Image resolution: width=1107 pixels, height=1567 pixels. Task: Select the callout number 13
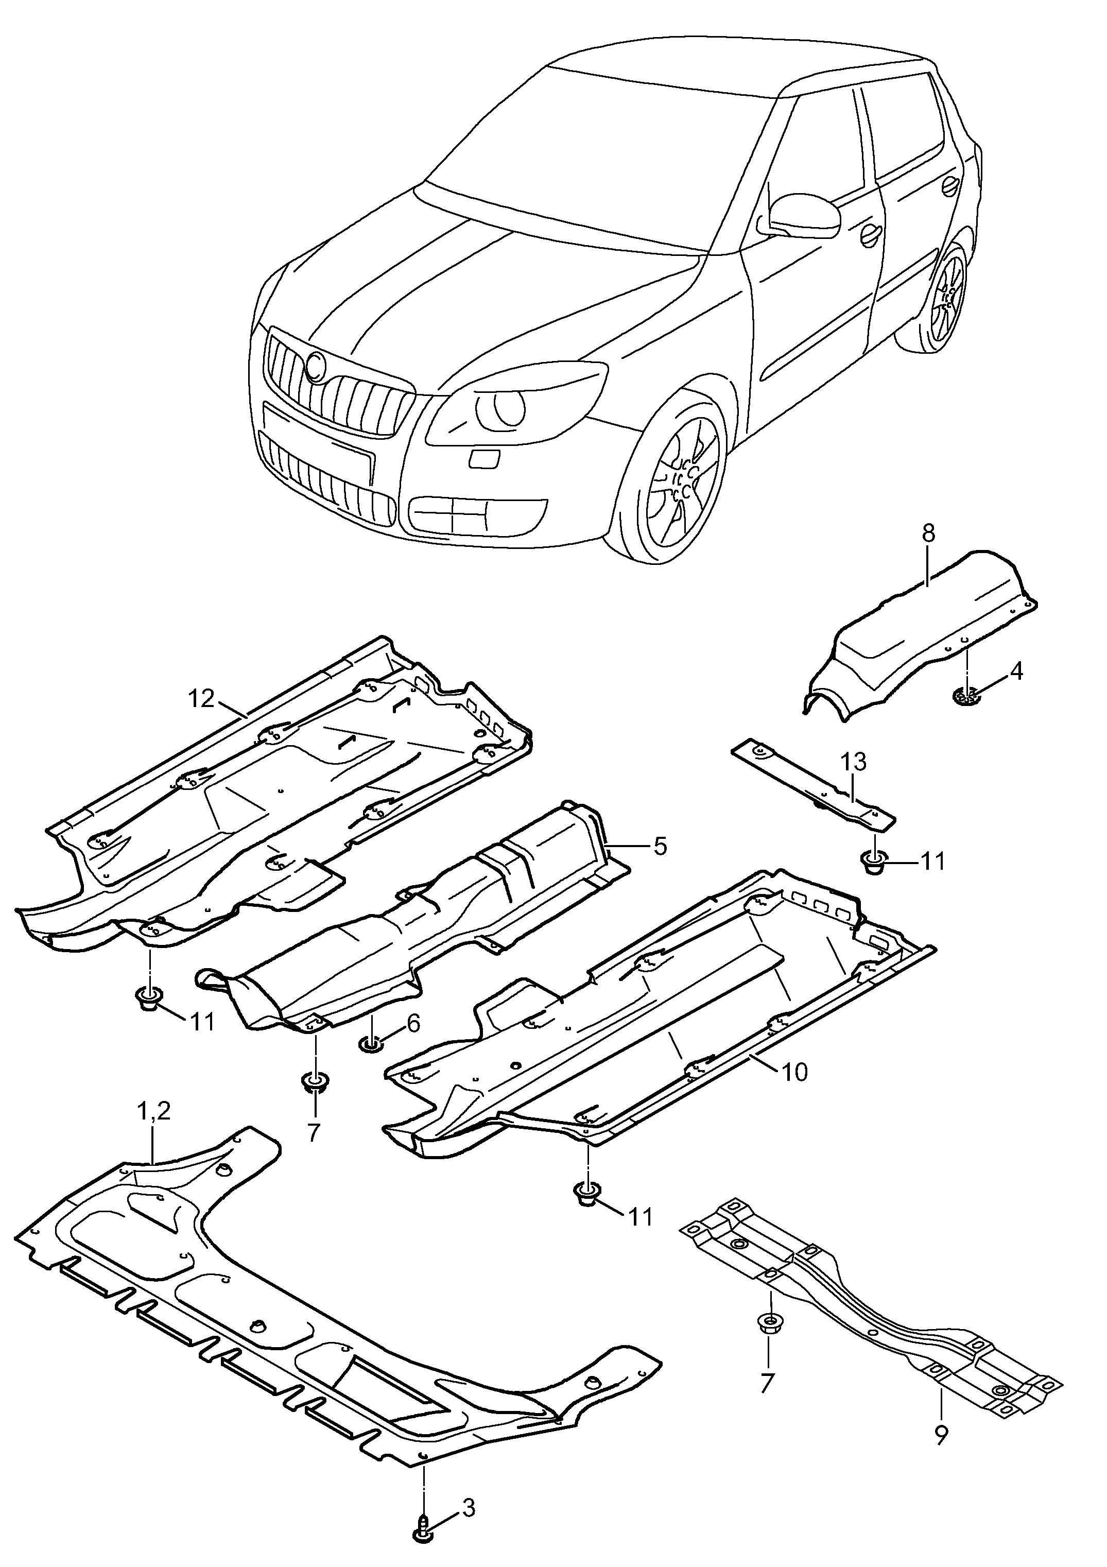pos(854,762)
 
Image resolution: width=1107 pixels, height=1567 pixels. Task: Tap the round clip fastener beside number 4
pos(965,696)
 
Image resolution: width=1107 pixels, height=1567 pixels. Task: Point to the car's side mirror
pos(806,215)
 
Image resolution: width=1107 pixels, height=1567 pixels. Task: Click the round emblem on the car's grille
pos(317,367)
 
